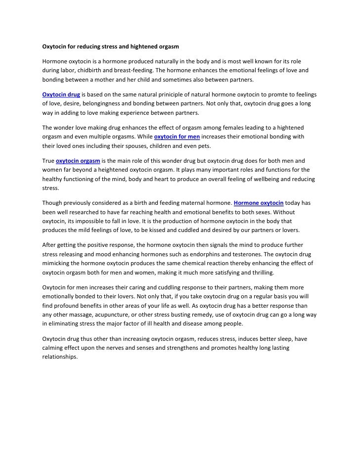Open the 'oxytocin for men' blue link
[177, 136]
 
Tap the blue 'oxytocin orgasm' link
[78, 161]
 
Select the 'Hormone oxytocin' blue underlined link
[258, 203]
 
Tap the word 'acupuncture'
[104, 315]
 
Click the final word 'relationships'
[60, 357]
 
